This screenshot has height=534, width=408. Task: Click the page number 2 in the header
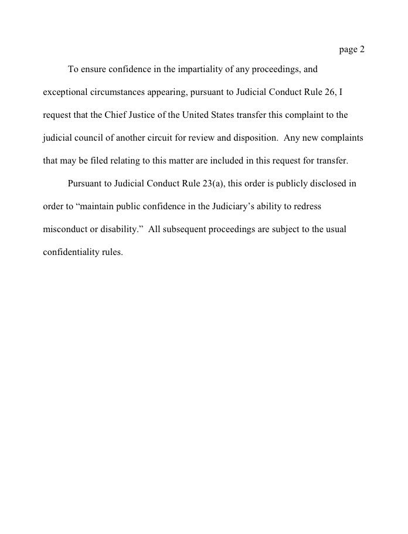pos(362,49)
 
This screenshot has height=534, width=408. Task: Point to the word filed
pos(100,161)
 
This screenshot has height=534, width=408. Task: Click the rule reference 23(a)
pos(213,184)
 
